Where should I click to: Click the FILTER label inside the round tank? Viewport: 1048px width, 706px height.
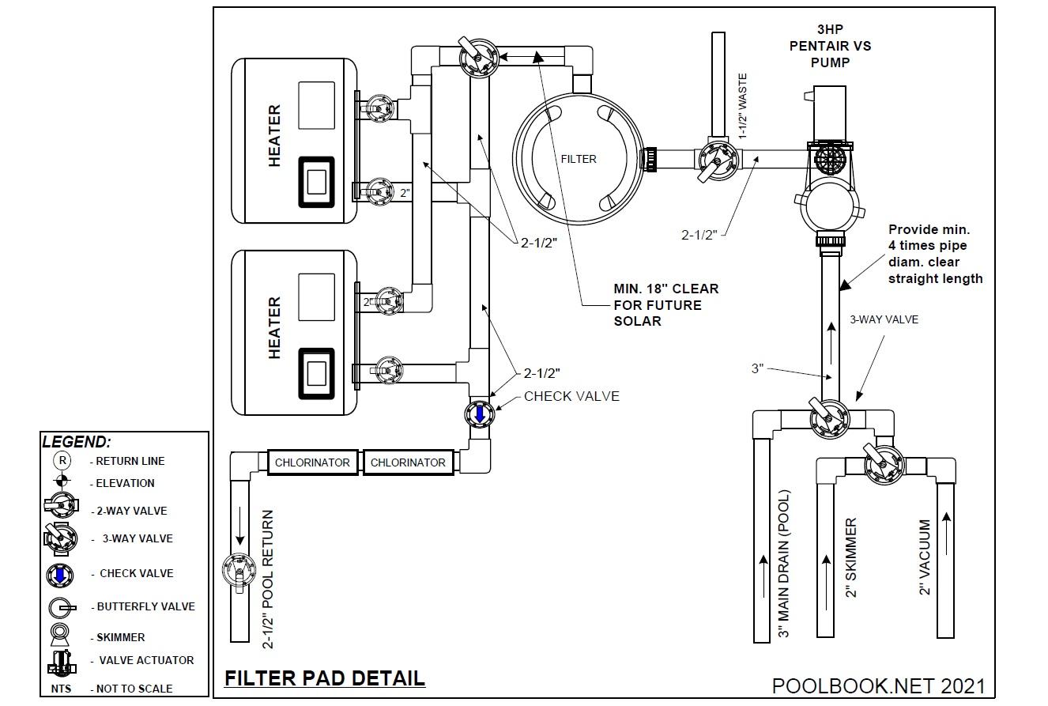(x=579, y=159)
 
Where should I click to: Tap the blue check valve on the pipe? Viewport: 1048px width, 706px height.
(x=478, y=414)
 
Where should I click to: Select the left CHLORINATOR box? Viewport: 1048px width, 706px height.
(x=312, y=462)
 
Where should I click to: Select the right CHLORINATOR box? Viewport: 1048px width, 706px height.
(x=408, y=462)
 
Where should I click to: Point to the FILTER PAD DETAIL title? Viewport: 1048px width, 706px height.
(x=325, y=678)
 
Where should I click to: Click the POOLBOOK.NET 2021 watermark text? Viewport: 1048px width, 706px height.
(x=878, y=685)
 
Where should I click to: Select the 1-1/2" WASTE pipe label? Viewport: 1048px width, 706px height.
(x=742, y=107)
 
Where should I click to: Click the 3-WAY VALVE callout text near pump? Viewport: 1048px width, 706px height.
(x=884, y=320)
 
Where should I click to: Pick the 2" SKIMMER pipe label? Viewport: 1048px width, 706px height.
(x=852, y=558)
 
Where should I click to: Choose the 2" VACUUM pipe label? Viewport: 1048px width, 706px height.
(x=925, y=557)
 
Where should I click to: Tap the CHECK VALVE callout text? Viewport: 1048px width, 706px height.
(x=571, y=396)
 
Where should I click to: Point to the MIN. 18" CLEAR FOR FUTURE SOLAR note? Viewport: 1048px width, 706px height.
(x=665, y=305)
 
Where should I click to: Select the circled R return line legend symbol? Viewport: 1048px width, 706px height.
(x=62, y=461)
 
